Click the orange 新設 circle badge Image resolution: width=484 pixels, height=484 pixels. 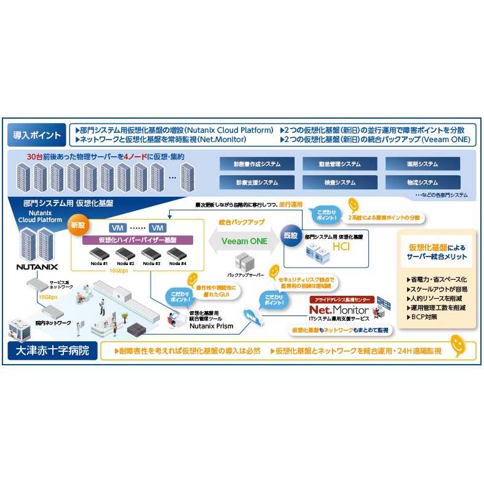tap(78, 225)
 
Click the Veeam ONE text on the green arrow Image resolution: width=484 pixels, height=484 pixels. tap(245, 241)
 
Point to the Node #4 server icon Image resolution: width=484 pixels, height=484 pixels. tap(178, 254)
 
